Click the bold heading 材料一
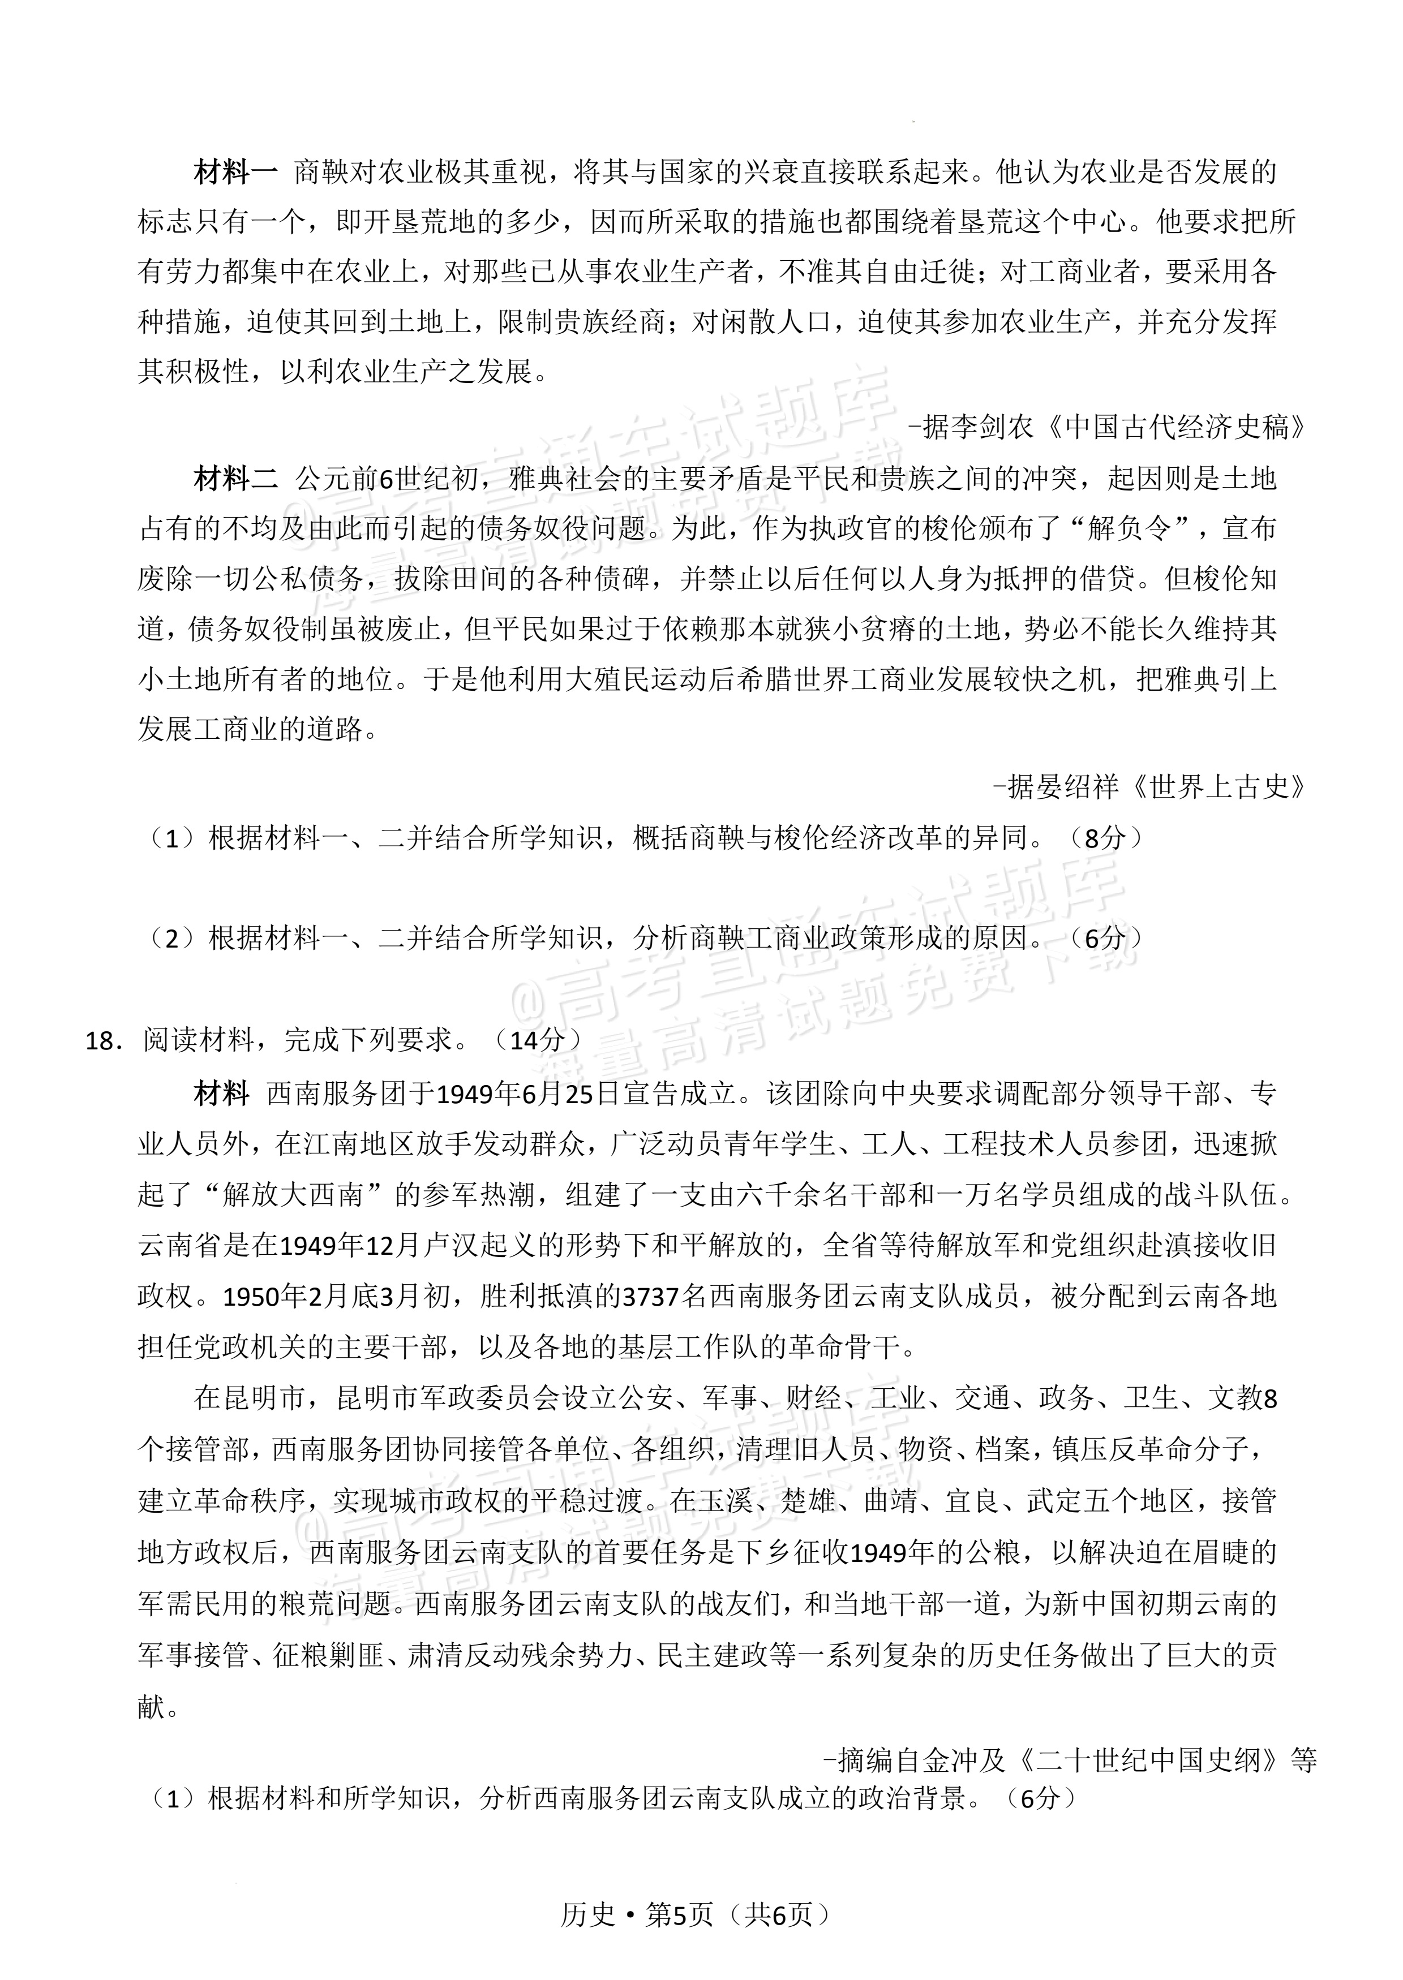[x=235, y=173]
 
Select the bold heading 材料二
[x=235, y=479]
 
